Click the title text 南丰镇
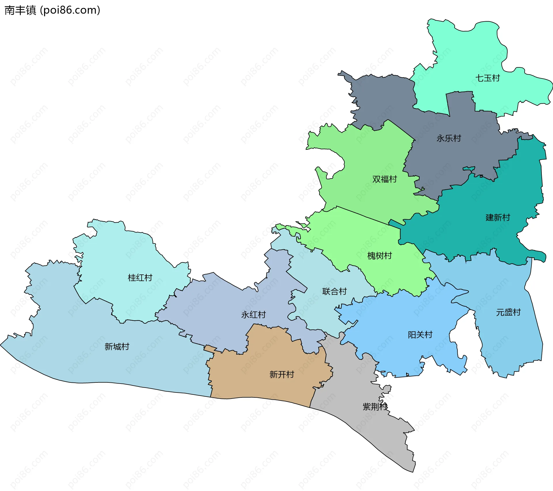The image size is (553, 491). (x=20, y=10)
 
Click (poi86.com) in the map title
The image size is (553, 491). (x=70, y=10)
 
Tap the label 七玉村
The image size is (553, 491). (x=487, y=78)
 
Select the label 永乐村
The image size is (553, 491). (x=449, y=138)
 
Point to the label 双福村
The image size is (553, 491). (x=385, y=179)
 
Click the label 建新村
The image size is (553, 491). (x=498, y=217)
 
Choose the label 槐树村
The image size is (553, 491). (x=380, y=256)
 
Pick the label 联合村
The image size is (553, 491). (x=334, y=291)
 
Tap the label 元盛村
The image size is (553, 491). (x=508, y=312)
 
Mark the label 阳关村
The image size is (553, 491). (x=420, y=335)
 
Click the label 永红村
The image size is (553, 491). (x=253, y=314)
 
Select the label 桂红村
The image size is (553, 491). (x=140, y=278)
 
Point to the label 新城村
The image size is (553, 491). (x=117, y=346)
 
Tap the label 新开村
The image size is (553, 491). (x=282, y=374)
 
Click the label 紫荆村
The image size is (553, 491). (x=375, y=407)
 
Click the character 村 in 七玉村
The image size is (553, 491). (x=496, y=78)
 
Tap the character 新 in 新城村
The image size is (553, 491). (x=109, y=346)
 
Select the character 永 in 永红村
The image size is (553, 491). (x=245, y=314)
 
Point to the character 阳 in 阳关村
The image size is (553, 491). (x=412, y=335)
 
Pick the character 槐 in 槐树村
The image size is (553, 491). (x=371, y=256)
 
